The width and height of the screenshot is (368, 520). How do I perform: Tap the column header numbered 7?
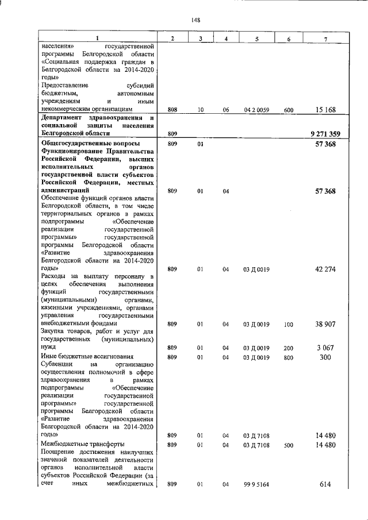(x=325, y=38)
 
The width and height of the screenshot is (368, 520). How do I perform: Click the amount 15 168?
(x=326, y=109)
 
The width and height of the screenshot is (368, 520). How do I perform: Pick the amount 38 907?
(x=325, y=324)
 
